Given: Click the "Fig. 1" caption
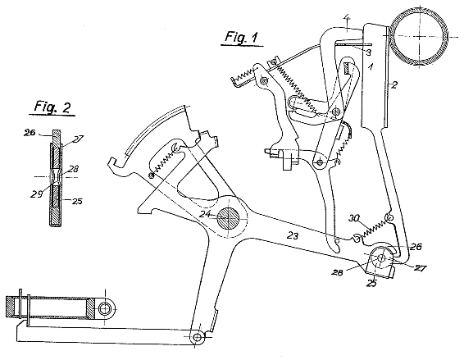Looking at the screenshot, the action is pyautogui.click(x=241, y=37).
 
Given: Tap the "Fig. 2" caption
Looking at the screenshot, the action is pyautogui.click(x=52, y=107).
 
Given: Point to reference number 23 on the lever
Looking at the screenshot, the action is pyautogui.click(x=293, y=236).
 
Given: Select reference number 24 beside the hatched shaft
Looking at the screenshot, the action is pyautogui.click(x=205, y=214).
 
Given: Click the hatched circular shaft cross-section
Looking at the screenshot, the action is pyautogui.click(x=228, y=218).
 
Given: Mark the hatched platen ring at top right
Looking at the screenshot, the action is pyautogui.click(x=420, y=35).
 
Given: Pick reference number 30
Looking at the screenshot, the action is pyautogui.click(x=353, y=218).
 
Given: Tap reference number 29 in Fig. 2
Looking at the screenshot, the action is pyautogui.click(x=36, y=194).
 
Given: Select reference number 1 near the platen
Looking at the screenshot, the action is pyautogui.click(x=371, y=67).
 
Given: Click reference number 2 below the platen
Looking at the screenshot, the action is pyautogui.click(x=394, y=85).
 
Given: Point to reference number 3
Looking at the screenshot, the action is pyautogui.click(x=368, y=52).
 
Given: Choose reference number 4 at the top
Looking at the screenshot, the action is pyautogui.click(x=348, y=21).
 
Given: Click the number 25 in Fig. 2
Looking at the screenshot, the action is pyautogui.click(x=77, y=202).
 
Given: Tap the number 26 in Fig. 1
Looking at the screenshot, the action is pyautogui.click(x=416, y=247).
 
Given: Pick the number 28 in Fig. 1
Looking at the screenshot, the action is pyautogui.click(x=337, y=272).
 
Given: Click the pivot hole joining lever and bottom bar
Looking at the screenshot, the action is pyautogui.click(x=198, y=337).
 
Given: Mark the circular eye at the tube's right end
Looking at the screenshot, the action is pyautogui.click(x=104, y=309).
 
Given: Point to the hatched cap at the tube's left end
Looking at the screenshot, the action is pyautogui.click(x=13, y=307).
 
